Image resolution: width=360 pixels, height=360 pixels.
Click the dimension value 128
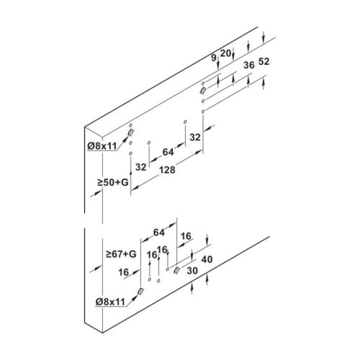167,170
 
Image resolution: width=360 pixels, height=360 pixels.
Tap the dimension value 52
264,62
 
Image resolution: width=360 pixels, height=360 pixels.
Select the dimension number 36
249,65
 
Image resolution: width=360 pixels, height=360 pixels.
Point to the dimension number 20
225,53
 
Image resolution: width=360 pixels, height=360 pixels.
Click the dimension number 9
214,58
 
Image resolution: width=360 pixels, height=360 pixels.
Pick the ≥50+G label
113,182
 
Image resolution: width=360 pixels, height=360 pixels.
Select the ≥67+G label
121,253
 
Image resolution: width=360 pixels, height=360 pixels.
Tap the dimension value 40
207,259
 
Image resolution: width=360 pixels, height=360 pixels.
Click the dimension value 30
192,271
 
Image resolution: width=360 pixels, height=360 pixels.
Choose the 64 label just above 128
168,152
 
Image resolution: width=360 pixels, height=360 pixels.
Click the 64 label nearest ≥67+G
159,233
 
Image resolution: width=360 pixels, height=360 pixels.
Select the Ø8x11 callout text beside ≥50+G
102,146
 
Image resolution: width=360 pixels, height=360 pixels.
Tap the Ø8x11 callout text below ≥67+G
110,302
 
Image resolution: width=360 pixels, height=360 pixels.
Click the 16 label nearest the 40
186,236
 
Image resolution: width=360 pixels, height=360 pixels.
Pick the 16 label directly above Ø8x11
124,272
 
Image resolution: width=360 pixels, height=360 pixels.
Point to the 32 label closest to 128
140,167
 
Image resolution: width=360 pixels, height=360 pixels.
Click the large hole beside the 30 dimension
177,270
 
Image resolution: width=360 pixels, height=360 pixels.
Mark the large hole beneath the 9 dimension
203,91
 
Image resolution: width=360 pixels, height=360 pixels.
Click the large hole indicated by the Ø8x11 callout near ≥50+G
131,132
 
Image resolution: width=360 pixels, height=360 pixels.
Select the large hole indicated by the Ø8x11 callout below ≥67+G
141,291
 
